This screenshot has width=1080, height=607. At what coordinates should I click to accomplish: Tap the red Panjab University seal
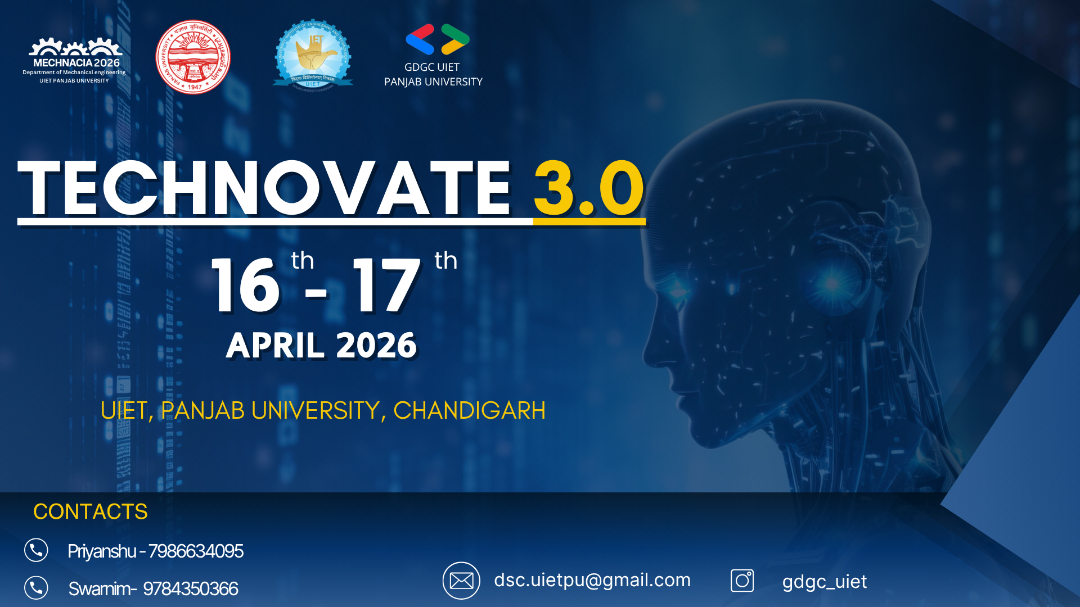pyautogui.click(x=193, y=57)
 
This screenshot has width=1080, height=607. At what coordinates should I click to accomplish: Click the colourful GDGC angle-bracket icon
pyautogui.click(x=437, y=39)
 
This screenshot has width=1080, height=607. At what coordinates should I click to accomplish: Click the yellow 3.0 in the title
pyautogui.click(x=588, y=189)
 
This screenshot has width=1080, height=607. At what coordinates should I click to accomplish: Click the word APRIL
pyautogui.click(x=274, y=345)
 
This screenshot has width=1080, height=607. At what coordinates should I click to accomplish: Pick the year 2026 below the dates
pyautogui.click(x=376, y=345)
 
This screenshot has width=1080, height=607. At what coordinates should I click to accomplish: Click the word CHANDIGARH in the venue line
pyautogui.click(x=469, y=411)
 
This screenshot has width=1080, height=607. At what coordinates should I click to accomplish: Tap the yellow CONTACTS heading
pyautogui.click(x=91, y=511)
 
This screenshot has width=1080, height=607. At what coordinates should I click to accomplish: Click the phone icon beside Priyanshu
pyautogui.click(x=36, y=550)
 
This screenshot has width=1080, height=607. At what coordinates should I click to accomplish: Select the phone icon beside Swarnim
pyautogui.click(x=36, y=588)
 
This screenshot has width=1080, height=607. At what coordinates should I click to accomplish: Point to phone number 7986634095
pyautogui.click(x=196, y=551)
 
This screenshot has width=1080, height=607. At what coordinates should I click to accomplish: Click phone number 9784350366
pyautogui.click(x=190, y=589)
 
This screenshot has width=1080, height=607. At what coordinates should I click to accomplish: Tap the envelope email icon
pyautogui.click(x=461, y=581)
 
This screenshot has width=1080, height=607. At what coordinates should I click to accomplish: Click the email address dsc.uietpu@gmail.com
pyautogui.click(x=592, y=580)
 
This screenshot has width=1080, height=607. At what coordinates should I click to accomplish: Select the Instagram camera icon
pyautogui.click(x=742, y=581)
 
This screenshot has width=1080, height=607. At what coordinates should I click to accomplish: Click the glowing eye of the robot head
pyautogui.click(x=831, y=283)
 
